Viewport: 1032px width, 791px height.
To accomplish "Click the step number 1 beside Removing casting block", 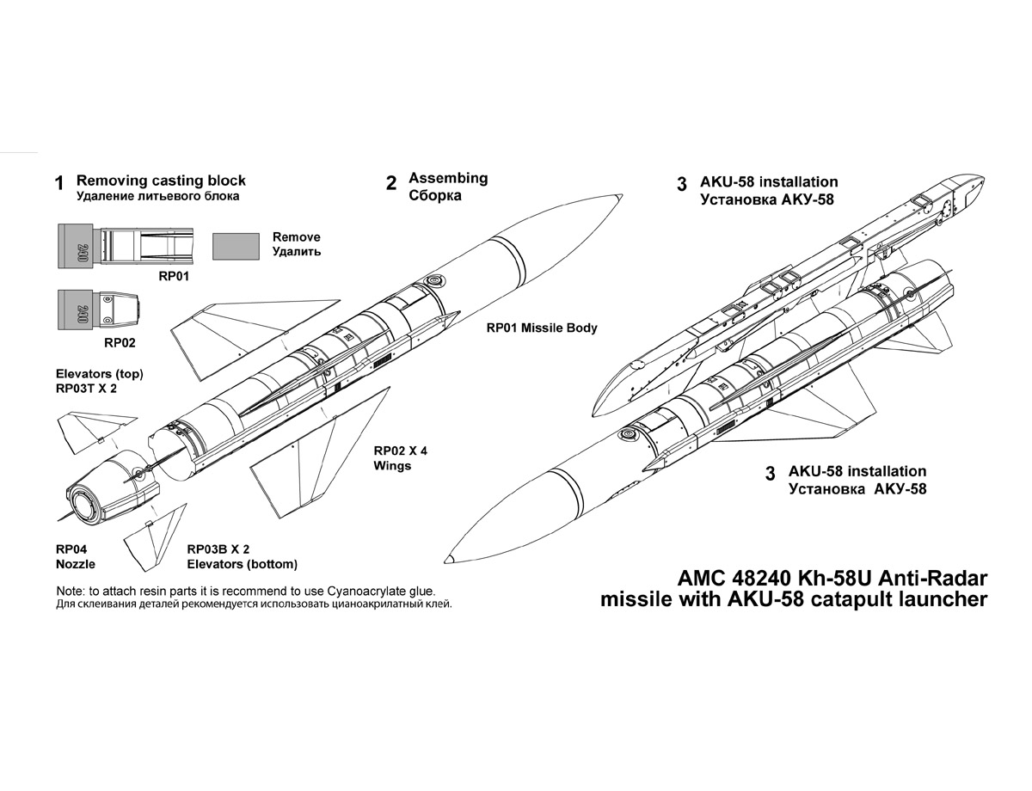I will click(x=59, y=183).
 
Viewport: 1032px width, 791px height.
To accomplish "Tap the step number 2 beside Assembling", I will click(x=391, y=182).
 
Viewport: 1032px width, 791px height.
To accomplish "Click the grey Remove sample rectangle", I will click(x=236, y=246).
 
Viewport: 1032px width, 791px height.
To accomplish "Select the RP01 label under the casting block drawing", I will click(x=173, y=277).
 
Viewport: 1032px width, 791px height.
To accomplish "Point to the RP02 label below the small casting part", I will click(x=120, y=342).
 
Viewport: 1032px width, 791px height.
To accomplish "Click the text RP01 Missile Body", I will click(x=541, y=328).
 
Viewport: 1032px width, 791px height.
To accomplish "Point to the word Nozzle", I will click(x=75, y=564).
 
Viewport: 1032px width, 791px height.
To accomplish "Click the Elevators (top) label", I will click(x=99, y=374).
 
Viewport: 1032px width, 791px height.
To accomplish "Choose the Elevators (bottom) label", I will click(x=243, y=564).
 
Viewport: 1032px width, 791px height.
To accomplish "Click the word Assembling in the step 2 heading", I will click(x=448, y=178).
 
